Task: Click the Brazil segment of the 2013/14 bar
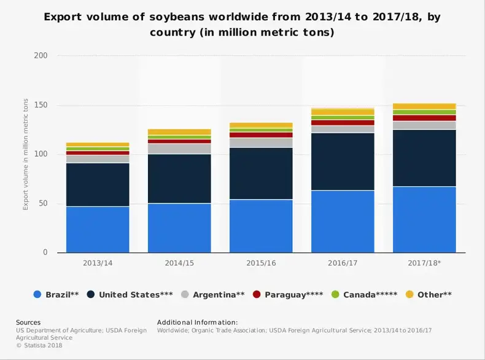(98, 229)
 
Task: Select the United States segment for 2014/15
(179, 178)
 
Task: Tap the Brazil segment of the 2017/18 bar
(424, 219)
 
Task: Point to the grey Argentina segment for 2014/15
(179, 149)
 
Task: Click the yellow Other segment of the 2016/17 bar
(343, 112)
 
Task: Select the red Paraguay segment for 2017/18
(424, 118)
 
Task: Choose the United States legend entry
(130, 295)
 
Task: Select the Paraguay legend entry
(289, 295)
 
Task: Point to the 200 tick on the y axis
(41, 56)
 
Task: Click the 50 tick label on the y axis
(43, 204)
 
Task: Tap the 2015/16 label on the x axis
(261, 263)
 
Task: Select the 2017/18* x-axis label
(424, 263)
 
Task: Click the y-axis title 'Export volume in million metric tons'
(26, 154)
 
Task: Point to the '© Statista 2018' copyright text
(39, 345)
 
